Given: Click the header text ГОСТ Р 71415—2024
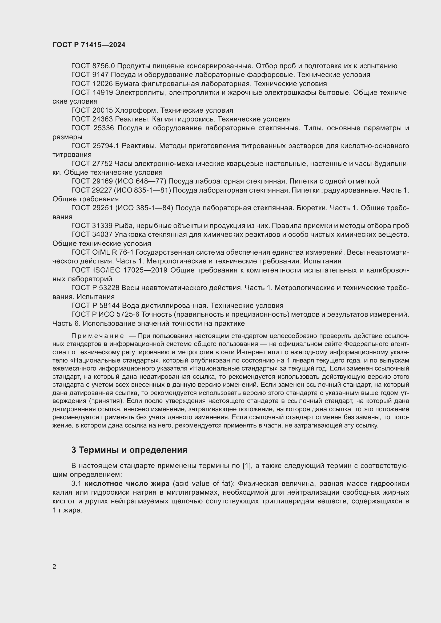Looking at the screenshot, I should tap(89, 45).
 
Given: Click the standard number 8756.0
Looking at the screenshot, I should tap(103, 66).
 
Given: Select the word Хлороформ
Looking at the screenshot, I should tap(137, 111).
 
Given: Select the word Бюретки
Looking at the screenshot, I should tap(309, 208).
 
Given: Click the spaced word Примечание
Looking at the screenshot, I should tap(98, 336).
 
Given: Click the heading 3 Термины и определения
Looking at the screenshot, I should tap(129, 450).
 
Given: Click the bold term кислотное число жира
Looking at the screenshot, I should tap(127, 483).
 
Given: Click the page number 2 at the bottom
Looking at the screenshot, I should tap(54, 567).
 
